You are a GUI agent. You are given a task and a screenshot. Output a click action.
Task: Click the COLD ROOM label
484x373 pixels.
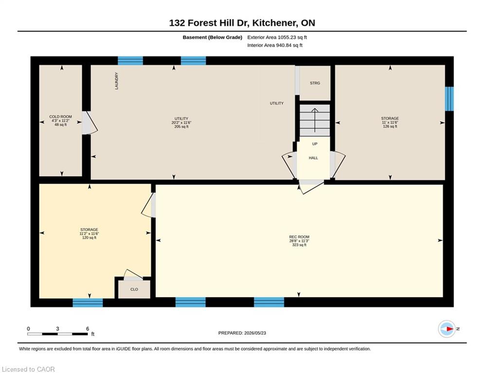pyautogui.click(x=60, y=117)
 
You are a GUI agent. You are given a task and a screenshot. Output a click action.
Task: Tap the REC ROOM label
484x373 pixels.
pyautogui.click(x=299, y=237)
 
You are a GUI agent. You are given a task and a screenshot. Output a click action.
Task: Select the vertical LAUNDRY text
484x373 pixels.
pyautogui.click(x=117, y=81)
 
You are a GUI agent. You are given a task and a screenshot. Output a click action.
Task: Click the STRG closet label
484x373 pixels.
pyautogui.click(x=315, y=83)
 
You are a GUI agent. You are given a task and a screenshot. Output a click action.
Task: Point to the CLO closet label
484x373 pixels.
pyautogui.click(x=134, y=289)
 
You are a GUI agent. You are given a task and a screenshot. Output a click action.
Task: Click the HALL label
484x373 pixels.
pyautogui.click(x=313, y=158)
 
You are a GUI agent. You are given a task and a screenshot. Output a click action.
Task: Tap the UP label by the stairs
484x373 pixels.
pyautogui.click(x=315, y=144)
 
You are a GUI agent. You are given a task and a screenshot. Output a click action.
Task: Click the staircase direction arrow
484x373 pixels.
pyautogui.click(x=315, y=120)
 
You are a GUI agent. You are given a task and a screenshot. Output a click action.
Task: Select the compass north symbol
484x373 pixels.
pyautogui.click(x=447, y=329)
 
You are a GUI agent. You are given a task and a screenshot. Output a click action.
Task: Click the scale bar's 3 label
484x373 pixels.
pyautogui.click(x=57, y=329)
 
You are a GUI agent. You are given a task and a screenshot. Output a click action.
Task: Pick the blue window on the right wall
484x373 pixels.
pyautogui.click(x=449, y=99)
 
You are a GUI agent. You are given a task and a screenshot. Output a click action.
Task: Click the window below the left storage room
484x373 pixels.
pyautogui.click(x=88, y=303)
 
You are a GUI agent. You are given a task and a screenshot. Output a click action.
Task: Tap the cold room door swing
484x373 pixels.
pyautogui.click(x=90, y=123)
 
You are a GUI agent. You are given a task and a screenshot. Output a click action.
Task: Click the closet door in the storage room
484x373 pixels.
pyautogui.click(x=133, y=275)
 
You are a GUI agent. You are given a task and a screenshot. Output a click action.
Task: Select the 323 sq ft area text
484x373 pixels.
pyautogui.click(x=299, y=245)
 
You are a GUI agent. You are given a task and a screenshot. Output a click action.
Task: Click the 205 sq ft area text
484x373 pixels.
pyautogui.click(x=181, y=127)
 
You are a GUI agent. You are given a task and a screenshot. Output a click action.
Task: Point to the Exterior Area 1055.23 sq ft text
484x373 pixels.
pyautogui.click(x=277, y=37)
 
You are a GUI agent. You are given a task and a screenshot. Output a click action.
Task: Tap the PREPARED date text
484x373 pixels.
pyautogui.click(x=242, y=333)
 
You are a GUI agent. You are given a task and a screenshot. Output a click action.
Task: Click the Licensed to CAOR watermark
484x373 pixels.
pyautogui.click(x=28, y=369)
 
